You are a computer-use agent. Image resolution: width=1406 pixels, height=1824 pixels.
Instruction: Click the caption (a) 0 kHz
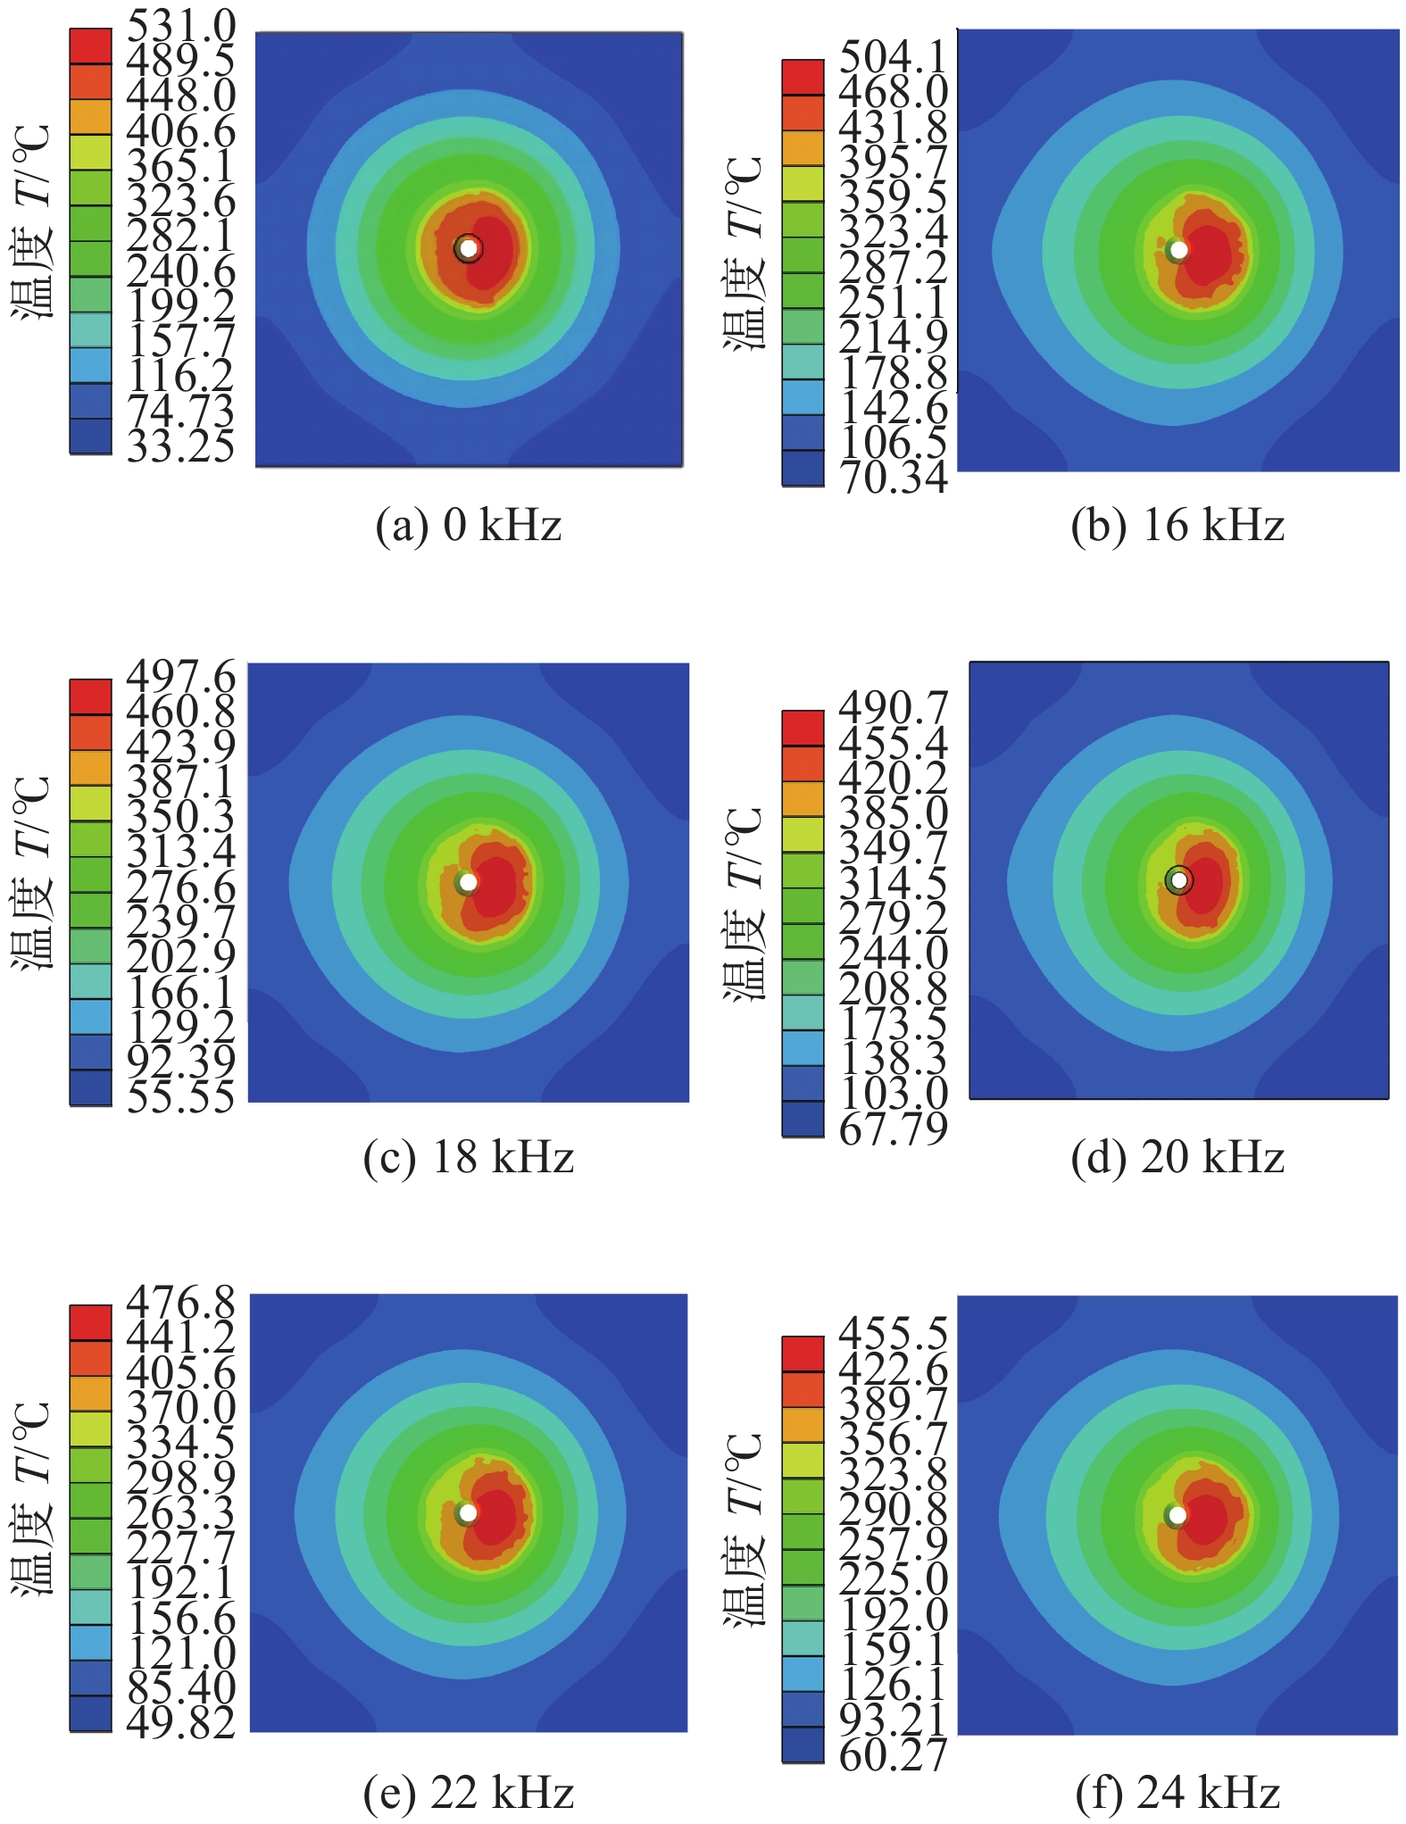pyautogui.click(x=469, y=525)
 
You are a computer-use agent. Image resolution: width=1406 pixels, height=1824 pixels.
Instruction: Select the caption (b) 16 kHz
pyautogui.click(x=1177, y=525)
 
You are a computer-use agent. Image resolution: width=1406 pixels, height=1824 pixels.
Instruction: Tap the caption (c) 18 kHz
pyautogui.click(x=469, y=1158)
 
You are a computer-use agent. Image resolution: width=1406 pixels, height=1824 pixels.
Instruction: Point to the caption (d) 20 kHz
pyautogui.click(x=1177, y=1158)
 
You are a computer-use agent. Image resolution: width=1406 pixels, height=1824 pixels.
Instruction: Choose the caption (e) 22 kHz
pyautogui.click(x=469, y=1792)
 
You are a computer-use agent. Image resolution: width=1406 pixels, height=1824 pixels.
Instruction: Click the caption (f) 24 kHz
pyautogui.click(x=1177, y=1792)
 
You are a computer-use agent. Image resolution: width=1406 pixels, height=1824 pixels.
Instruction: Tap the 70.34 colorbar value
pyautogui.click(x=893, y=478)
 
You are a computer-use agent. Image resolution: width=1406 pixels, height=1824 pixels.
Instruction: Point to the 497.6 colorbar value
pyautogui.click(x=181, y=676)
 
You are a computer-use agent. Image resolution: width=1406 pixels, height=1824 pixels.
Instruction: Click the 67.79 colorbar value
pyautogui.click(x=893, y=1129)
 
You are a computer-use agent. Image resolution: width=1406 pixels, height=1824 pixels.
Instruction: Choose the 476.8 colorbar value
pyautogui.click(x=181, y=1303)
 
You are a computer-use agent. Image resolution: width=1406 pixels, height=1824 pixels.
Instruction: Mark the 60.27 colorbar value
pyautogui.click(x=893, y=1755)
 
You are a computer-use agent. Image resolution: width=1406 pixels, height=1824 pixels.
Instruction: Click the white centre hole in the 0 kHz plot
pyautogui.click(x=469, y=248)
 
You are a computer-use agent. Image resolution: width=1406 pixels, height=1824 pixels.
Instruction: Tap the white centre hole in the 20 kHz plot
pyautogui.click(x=1179, y=880)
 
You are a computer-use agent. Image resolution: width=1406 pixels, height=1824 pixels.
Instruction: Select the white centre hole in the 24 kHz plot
pyautogui.click(x=1177, y=1515)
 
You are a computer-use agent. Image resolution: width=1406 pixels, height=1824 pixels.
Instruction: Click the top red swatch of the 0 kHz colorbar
pyautogui.click(x=91, y=46)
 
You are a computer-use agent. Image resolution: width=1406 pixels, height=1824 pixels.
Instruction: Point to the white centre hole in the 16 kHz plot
pyautogui.click(x=1179, y=250)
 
